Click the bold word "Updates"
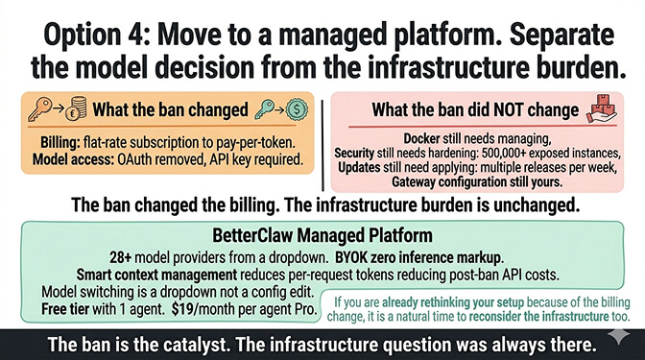(361, 168)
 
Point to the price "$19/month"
(204, 307)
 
